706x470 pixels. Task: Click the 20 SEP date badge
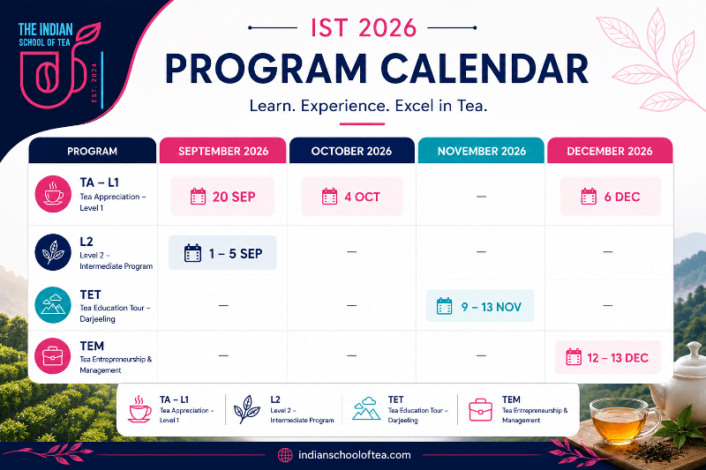point(222,197)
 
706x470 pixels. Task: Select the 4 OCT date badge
point(351,197)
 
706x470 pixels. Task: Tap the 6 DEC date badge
point(611,197)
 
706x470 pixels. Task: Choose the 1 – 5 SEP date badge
point(222,253)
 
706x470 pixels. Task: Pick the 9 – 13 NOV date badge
point(480,306)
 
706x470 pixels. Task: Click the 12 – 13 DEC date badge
point(608,357)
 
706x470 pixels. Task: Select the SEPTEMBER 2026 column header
point(223,151)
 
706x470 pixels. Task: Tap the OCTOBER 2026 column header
point(351,151)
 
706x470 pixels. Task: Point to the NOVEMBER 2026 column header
point(481,151)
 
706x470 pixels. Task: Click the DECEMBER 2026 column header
point(610,151)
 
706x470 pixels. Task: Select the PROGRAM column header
point(93,151)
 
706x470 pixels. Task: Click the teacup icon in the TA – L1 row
point(53,194)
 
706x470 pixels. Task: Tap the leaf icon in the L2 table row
point(53,252)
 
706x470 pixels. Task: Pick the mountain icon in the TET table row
point(53,305)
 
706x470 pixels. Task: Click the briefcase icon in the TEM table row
point(53,356)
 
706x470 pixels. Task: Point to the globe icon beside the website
point(285,455)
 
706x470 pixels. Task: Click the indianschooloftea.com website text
point(355,455)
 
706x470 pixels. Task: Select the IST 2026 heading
point(364,28)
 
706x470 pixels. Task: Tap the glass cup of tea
point(620,422)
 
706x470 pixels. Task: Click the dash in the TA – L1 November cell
point(481,197)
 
